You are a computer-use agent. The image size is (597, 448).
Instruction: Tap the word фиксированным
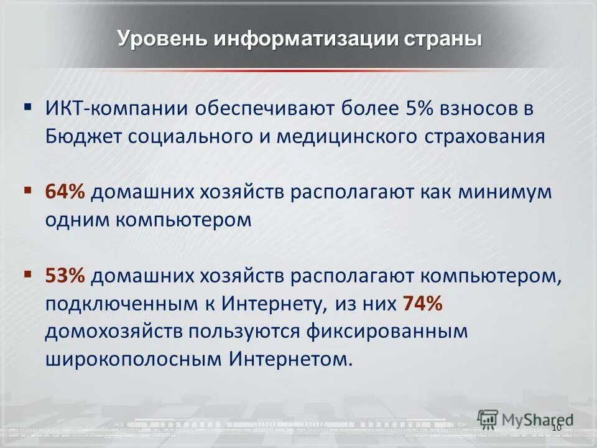click(386, 331)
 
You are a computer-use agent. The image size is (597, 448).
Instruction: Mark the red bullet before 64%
click(28, 189)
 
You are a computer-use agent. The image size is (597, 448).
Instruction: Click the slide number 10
click(556, 429)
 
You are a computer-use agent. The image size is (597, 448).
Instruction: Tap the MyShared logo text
click(537, 418)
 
